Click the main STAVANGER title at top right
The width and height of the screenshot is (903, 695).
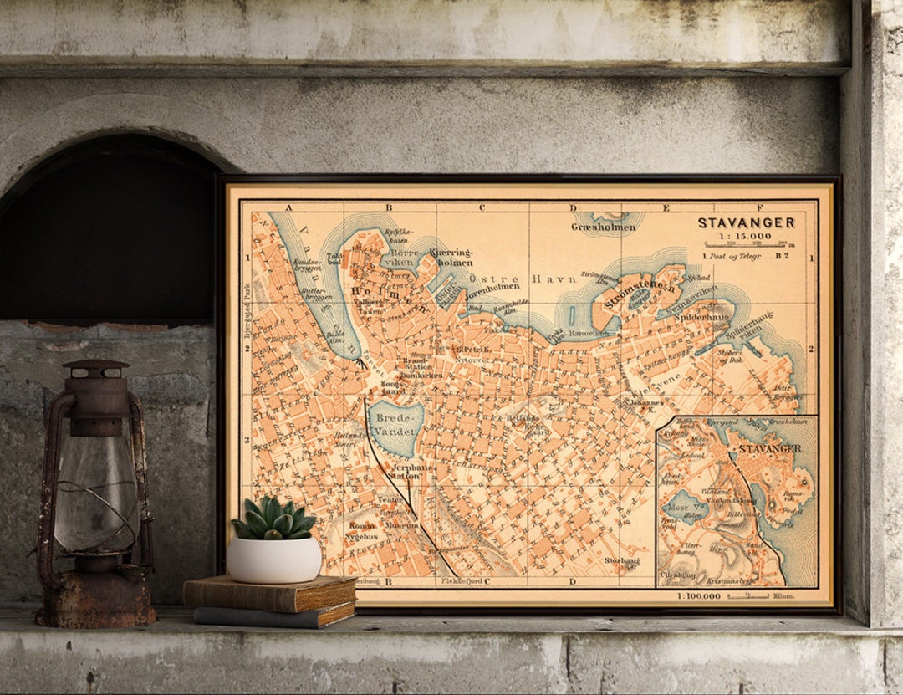tap(746, 222)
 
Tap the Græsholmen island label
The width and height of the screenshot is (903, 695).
tap(604, 226)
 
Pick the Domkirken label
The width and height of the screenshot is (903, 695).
tap(415, 376)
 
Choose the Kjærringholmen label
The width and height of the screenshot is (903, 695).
tap(451, 256)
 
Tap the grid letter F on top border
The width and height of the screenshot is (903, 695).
tap(760, 207)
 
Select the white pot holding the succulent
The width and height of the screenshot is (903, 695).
tap(273, 560)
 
